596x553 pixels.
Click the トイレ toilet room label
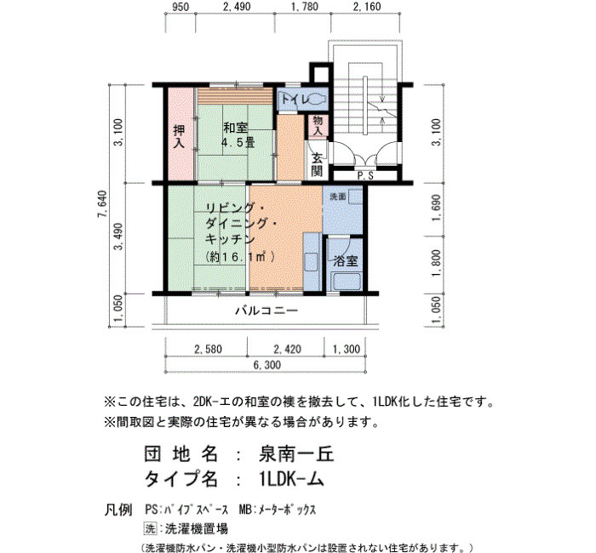tap(295, 100)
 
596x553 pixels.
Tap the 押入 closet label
tap(179, 136)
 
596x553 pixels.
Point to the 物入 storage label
tap(318, 126)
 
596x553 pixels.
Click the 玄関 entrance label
tap(317, 164)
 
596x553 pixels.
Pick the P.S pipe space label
tap(365, 176)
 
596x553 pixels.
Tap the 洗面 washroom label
tap(337, 197)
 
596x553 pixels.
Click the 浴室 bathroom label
tap(346, 260)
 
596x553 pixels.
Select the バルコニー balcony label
tap(266, 311)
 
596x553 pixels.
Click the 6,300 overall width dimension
tap(267, 365)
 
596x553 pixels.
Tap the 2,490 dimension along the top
tap(238, 7)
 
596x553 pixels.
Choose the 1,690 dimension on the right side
tap(436, 208)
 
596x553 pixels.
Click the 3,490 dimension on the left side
tap(119, 237)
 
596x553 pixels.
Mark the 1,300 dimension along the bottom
tap(347, 349)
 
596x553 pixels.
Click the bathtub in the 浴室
tap(346, 282)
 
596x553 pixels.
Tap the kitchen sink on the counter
tap(311, 262)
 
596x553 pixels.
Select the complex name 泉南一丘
tap(296, 453)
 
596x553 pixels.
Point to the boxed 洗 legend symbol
tap(150, 528)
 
